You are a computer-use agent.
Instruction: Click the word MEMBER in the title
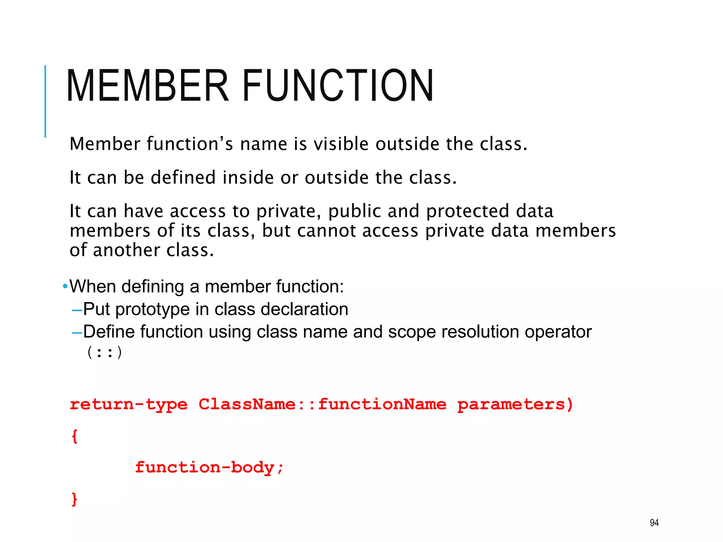(148, 86)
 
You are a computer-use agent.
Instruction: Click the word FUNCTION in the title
(337, 86)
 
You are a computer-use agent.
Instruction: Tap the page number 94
(654, 523)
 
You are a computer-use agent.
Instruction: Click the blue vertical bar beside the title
(45, 101)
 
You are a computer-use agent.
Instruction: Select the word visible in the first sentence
(341, 144)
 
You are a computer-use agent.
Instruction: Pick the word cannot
(327, 231)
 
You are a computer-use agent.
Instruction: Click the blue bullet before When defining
(65, 286)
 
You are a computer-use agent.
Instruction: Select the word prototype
(153, 309)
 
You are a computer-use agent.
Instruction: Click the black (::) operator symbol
(104, 353)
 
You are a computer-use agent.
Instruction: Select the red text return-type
(129, 404)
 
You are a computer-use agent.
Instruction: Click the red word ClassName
(247, 404)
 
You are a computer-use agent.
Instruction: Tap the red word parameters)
(515, 404)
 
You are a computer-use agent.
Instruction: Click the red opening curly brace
(74, 436)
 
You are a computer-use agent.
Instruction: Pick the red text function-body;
(209, 468)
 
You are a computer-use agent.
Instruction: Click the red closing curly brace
(74, 499)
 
